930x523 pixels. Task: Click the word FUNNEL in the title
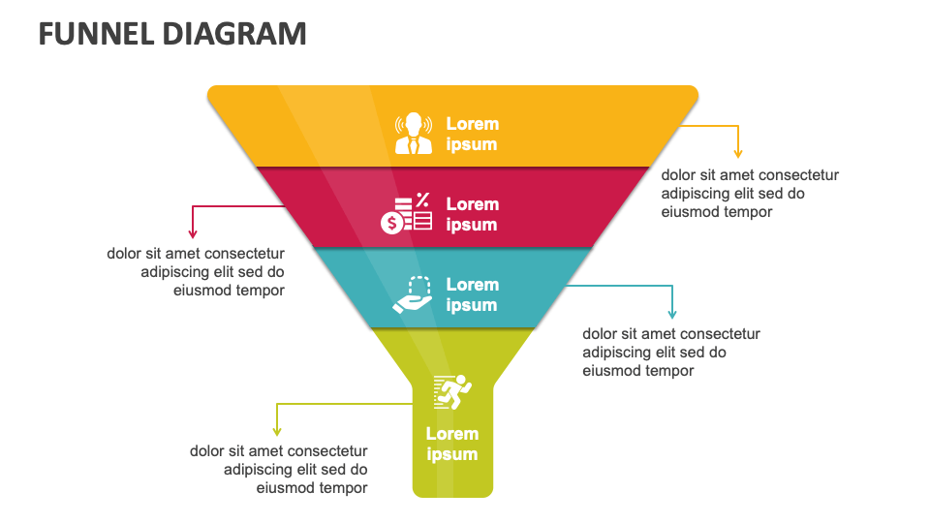click(x=94, y=34)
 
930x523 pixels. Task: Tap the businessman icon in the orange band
click(x=414, y=134)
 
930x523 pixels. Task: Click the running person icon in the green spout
click(x=452, y=391)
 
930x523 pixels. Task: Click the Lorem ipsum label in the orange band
click(x=472, y=134)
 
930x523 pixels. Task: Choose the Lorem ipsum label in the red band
click(x=472, y=214)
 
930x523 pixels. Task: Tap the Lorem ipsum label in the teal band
click(x=472, y=294)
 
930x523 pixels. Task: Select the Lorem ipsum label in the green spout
click(x=452, y=444)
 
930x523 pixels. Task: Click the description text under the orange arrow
click(x=750, y=194)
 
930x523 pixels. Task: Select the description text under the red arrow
click(x=197, y=271)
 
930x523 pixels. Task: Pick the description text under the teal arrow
click(x=671, y=353)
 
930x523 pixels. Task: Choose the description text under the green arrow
click(x=279, y=470)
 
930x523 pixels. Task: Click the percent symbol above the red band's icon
click(x=422, y=200)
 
